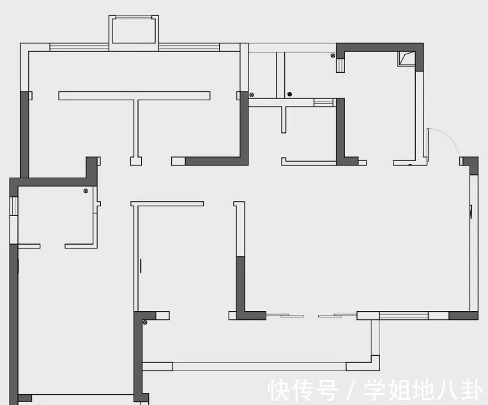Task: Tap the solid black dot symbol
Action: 289,95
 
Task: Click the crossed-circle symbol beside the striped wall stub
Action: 333,56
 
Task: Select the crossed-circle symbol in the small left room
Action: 86,191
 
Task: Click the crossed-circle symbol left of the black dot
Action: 252,95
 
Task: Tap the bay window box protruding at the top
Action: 133,30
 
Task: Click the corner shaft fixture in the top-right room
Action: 406,59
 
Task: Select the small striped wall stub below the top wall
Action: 342,64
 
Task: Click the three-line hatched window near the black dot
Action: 324,102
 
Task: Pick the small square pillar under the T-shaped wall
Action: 135,161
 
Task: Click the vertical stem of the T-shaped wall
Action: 135,128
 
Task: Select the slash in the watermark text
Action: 351,390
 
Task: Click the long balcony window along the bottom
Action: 259,367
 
